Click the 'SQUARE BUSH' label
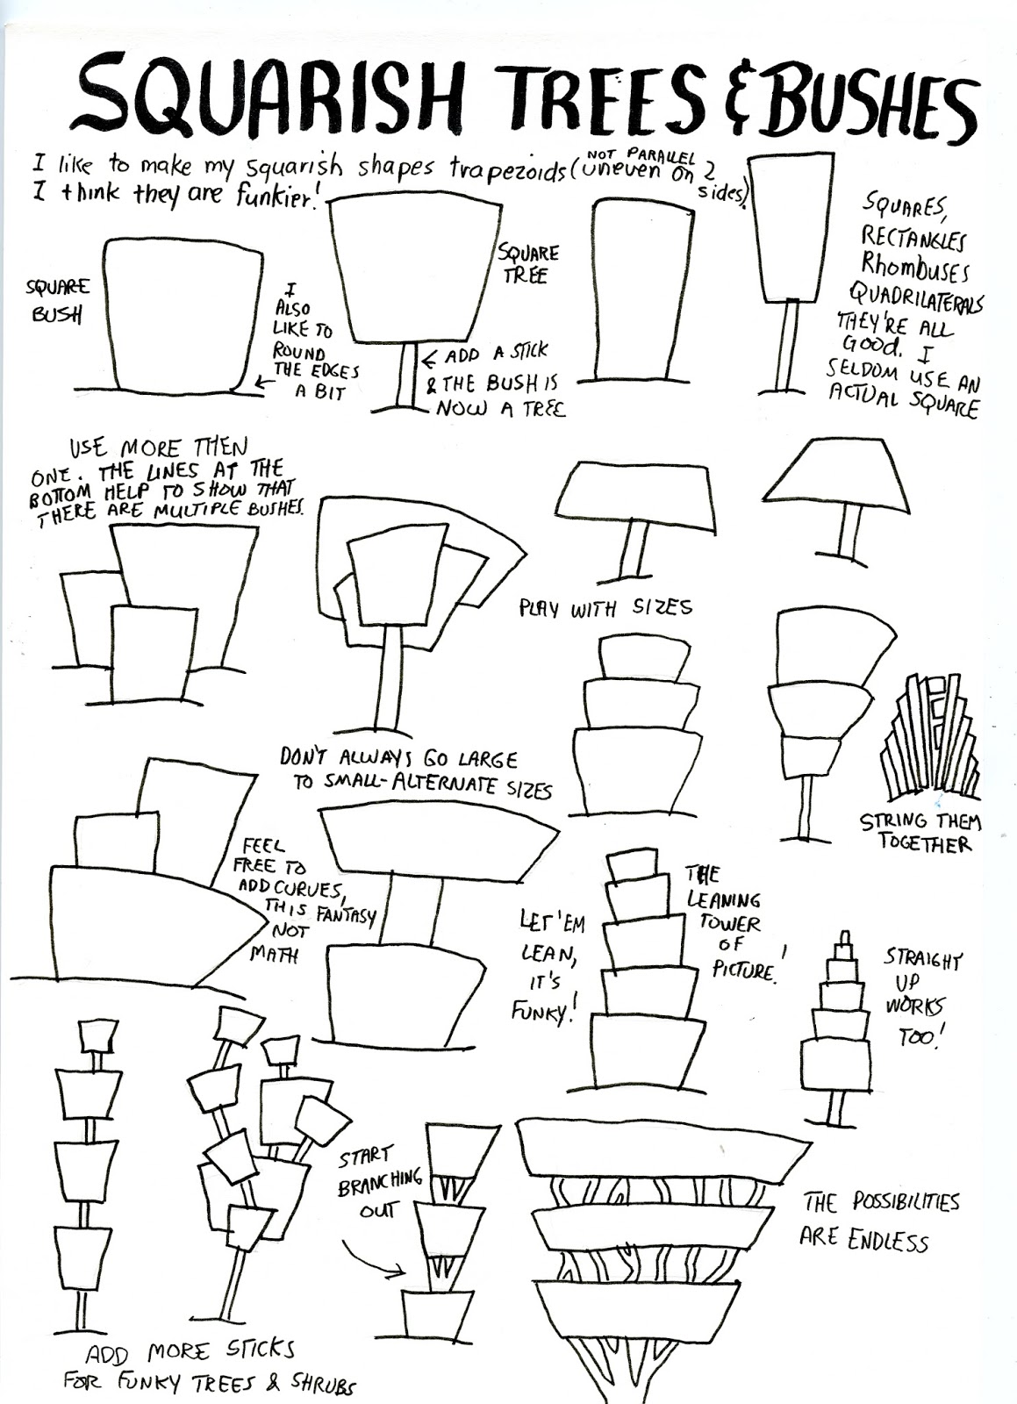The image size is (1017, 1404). click(x=57, y=300)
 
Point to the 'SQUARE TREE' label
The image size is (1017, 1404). click(x=527, y=263)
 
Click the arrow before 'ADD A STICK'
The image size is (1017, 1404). click(x=431, y=360)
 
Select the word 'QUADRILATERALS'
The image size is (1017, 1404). click(x=915, y=297)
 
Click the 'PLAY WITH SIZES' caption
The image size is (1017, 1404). click(x=605, y=607)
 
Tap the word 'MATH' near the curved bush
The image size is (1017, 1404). click(x=273, y=955)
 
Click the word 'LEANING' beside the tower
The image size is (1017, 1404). click(x=724, y=899)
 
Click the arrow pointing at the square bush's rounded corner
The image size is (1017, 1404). click(x=264, y=382)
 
